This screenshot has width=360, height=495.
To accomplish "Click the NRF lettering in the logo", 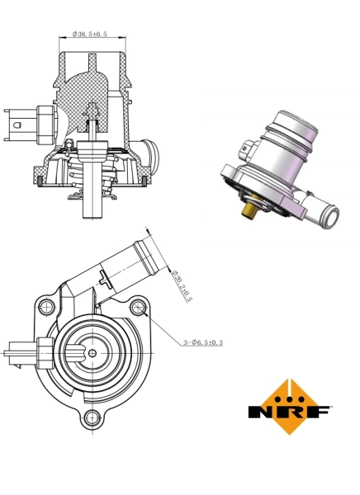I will [x=290, y=411].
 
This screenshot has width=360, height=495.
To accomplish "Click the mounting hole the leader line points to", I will [x=138, y=309].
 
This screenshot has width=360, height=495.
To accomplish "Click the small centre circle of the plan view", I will [x=91, y=354].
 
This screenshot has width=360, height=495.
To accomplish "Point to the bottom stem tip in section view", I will [x=91, y=217].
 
